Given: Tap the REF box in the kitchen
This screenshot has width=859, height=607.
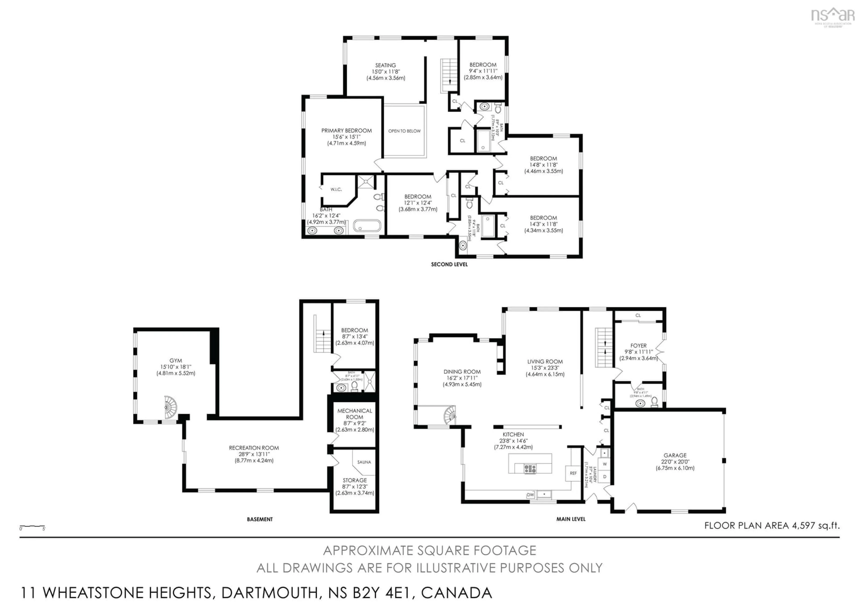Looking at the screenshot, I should pos(573,473).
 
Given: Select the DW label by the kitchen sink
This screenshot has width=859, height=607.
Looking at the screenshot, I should pos(530,495).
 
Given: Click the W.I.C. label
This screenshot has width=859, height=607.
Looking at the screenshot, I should pos(336,190).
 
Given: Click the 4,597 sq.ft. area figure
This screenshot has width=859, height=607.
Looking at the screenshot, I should pos(815,525).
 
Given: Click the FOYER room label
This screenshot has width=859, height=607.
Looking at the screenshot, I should pos(638,346).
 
